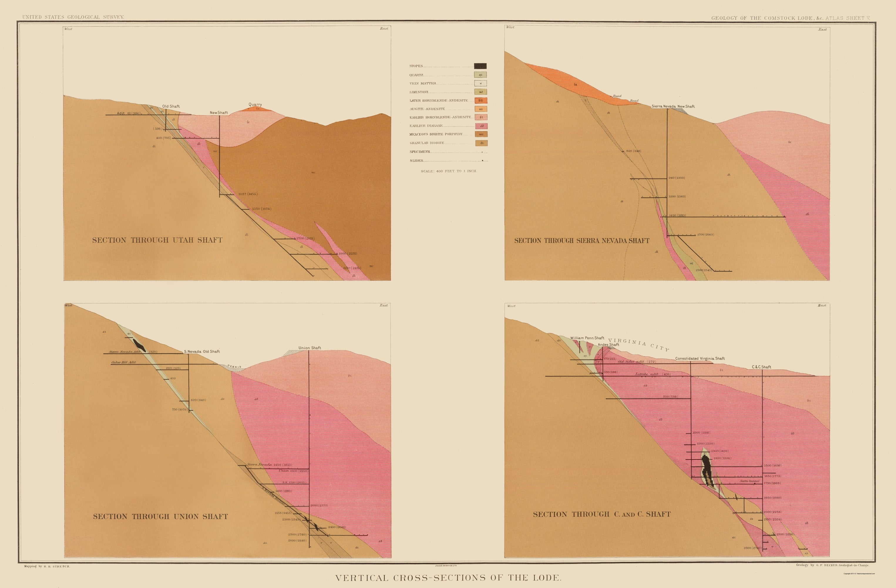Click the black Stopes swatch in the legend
(x=480, y=66)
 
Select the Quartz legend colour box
(x=480, y=75)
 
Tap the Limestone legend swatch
(x=480, y=92)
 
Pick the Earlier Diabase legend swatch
(x=481, y=126)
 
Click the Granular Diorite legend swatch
(x=481, y=143)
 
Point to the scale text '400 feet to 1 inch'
(x=449, y=171)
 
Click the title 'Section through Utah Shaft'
(x=157, y=240)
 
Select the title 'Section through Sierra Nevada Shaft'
(x=582, y=240)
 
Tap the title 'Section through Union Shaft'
(x=160, y=516)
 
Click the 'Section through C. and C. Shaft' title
(x=602, y=514)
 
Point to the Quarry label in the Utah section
(x=255, y=104)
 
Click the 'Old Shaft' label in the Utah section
(x=171, y=106)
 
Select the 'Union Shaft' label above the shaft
(x=310, y=348)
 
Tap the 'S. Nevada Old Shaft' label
(x=202, y=351)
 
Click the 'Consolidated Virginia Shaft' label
(x=700, y=358)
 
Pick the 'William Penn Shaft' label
(x=587, y=338)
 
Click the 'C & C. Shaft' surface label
(x=761, y=367)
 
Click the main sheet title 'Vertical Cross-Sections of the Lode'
(x=448, y=577)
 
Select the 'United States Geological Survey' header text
(x=73, y=17)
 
